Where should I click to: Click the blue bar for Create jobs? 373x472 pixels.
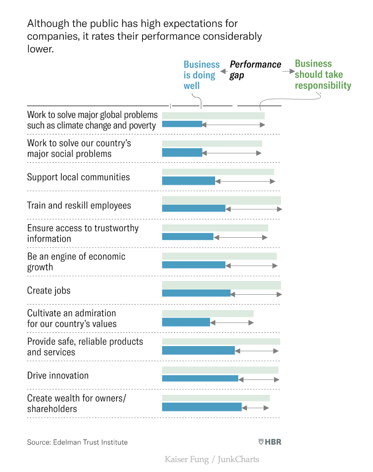(x=196, y=293)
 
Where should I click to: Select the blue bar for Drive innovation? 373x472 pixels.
(x=200, y=378)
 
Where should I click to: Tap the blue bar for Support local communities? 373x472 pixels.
(x=188, y=181)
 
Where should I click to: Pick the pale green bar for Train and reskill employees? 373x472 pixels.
(x=221, y=200)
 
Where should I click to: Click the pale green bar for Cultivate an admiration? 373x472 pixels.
(x=207, y=314)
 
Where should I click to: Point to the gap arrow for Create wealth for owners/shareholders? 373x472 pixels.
(x=255, y=407)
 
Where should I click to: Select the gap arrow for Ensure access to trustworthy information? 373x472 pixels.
(x=240, y=237)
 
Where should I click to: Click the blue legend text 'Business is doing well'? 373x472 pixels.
(x=201, y=75)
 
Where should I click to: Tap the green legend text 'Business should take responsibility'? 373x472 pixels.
(x=323, y=75)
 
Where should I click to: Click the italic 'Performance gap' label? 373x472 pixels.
(x=255, y=70)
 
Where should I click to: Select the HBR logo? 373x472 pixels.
(x=269, y=442)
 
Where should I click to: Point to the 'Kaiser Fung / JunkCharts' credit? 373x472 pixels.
(x=212, y=460)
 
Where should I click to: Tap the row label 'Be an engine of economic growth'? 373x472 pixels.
(x=76, y=262)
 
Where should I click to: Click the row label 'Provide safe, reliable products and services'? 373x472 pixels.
(x=85, y=347)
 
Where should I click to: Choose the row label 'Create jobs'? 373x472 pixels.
(x=49, y=290)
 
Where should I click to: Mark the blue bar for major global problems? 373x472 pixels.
(x=182, y=124)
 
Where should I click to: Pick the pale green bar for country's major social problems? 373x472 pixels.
(x=212, y=143)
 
